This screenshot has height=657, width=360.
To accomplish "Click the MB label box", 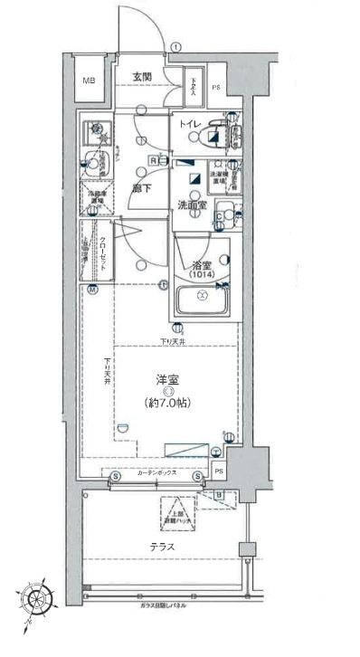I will (x=90, y=81).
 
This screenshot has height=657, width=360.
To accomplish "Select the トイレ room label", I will (x=190, y=124).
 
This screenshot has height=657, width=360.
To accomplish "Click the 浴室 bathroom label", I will (x=201, y=264).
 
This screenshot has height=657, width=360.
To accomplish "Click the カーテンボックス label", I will (x=157, y=473).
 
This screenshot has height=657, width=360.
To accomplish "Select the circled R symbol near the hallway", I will (x=154, y=160).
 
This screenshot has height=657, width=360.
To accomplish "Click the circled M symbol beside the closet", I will (x=92, y=289).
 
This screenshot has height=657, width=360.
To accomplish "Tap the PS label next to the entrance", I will (x=215, y=87).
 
